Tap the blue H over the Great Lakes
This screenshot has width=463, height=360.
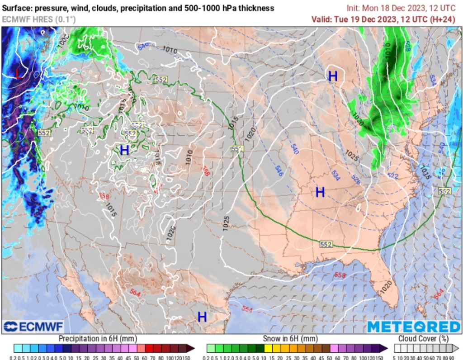[333, 76]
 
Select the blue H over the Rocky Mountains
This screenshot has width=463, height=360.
[124, 150]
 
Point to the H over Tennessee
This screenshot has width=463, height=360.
[320, 192]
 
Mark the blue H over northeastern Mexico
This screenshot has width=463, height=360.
[202, 317]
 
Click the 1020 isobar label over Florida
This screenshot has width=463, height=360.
[386, 287]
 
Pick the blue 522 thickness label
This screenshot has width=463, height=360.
[392, 176]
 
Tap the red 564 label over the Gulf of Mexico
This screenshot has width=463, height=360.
[247, 309]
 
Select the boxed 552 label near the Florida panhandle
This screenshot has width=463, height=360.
[326, 244]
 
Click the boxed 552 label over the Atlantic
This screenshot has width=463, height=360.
[444, 191]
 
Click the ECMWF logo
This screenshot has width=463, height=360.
[33, 327]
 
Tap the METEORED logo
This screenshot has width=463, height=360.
[413, 327]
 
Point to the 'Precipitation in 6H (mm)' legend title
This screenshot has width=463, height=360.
[98, 338]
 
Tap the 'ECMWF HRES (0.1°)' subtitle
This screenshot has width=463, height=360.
[39, 19]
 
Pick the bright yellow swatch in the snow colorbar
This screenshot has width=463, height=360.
[268, 348]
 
